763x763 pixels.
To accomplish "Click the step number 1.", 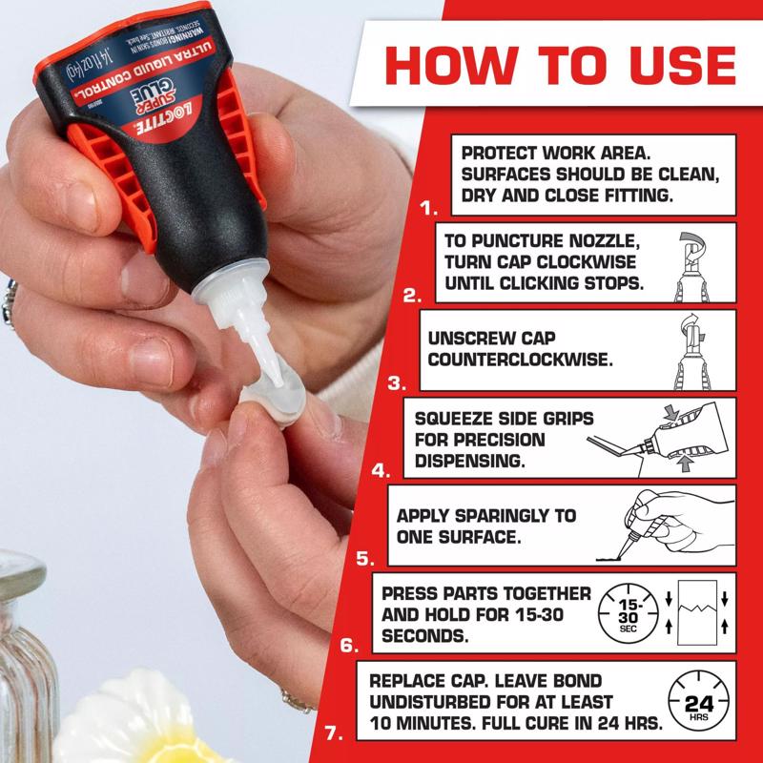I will click(428, 206).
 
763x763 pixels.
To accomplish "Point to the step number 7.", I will click(333, 733).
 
